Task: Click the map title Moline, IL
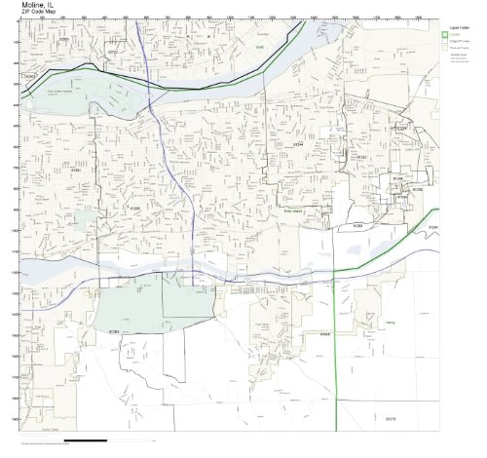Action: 40,6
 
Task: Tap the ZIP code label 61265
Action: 135,207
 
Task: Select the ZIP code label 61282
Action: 361,156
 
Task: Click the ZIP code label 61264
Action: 113,332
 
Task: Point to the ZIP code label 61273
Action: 391,419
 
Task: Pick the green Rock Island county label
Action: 295,209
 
